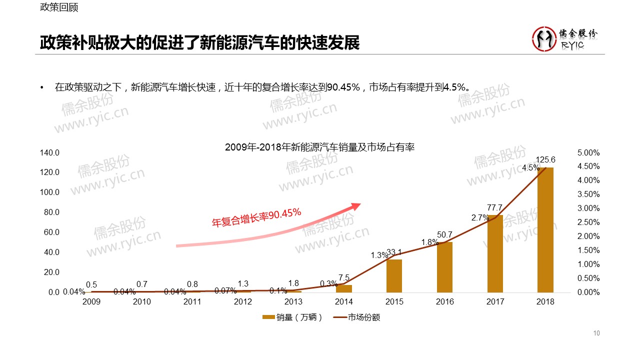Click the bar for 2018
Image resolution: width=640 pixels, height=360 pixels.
[545, 229]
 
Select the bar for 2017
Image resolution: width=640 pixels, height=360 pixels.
[494, 253]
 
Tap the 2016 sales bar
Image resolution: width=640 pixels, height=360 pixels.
[444, 267]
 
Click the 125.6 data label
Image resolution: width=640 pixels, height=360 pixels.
[545, 160]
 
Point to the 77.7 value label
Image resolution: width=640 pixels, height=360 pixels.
[495, 207]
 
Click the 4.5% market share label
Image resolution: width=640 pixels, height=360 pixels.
[530, 168]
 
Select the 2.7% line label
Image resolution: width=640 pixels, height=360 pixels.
[479, 218]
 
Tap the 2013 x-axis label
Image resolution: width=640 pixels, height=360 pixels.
[293, 301]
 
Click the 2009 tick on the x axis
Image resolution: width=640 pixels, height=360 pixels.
[91, 301]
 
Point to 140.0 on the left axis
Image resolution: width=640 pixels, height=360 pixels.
[49, 152]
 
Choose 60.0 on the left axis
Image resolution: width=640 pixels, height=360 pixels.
[49, 232]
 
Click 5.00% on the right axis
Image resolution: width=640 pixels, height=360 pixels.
[588, 152]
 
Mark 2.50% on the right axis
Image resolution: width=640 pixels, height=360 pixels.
[588, 222]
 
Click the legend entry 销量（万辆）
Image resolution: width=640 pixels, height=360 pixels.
[292, 317]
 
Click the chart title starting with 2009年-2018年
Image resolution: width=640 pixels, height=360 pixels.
[320, 147]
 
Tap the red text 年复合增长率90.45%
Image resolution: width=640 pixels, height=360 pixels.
[256, 218]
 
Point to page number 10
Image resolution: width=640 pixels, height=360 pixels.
[596, 333]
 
